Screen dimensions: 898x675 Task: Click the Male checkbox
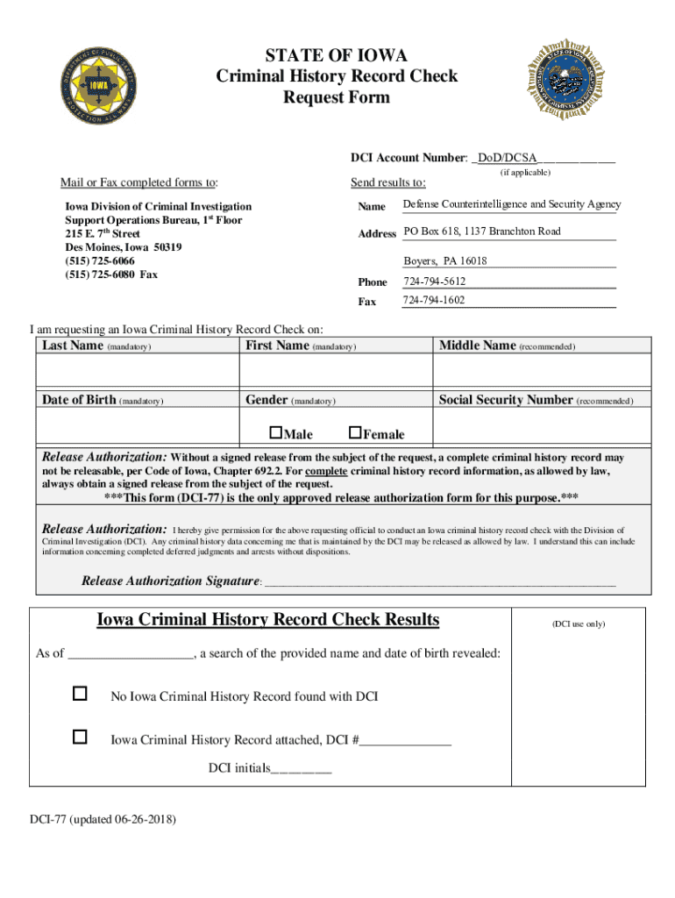pyautogui.click(x=275, y=431)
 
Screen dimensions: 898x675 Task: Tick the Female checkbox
pyautogui.click(x=354, y=431)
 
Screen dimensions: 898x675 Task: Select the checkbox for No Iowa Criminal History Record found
pyautogui.click(x=80, y=694)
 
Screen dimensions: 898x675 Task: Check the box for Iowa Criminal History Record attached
pyautogui.click(x=80, y=737)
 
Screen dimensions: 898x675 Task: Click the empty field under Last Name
pyautogui.click(x=137, y=370)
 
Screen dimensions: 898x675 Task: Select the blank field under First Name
pyautogui.click(x=336, y=370)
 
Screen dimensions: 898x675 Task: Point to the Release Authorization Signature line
pyautogui.click(x=439, y=581)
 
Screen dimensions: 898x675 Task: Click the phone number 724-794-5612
pyautogui.click(x=434, y=282)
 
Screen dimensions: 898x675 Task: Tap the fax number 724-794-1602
pyautogui.click(x=434, y=301)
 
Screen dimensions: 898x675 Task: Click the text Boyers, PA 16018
pyautogui.click(x=444, y=261)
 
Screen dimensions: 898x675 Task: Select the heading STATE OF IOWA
pyautogui.click(x=337, y=56)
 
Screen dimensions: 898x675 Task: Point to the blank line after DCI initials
pyautogui.click(x=302, y=769)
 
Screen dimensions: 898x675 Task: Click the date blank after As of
pyautogui.click(x=130, y=653)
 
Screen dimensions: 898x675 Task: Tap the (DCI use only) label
pyautogui.click(x=578, y=624)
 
